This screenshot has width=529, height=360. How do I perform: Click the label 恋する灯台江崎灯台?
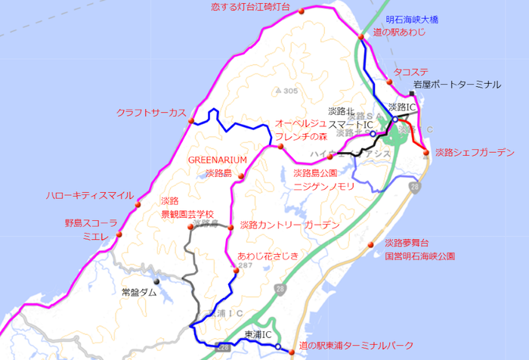point(250,7)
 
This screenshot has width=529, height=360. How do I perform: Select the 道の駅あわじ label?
point(400,33)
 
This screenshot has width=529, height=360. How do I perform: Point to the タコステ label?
point(411,72)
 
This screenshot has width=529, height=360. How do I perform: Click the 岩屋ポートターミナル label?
point(456,84)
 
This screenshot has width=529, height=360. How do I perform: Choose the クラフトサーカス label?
point(150,113)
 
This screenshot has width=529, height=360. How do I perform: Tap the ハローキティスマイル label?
point(89,195)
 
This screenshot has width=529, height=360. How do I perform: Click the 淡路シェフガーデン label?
point(475,152)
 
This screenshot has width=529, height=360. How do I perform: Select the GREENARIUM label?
point(218,160)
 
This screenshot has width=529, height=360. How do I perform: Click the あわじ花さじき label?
point(268,255)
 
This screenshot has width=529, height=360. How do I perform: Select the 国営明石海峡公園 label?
point(419,256)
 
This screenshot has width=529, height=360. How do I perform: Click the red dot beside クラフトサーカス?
point(192,121)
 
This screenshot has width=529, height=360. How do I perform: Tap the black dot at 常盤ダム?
point(157,281)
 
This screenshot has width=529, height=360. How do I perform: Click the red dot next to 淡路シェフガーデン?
point(426,153)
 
